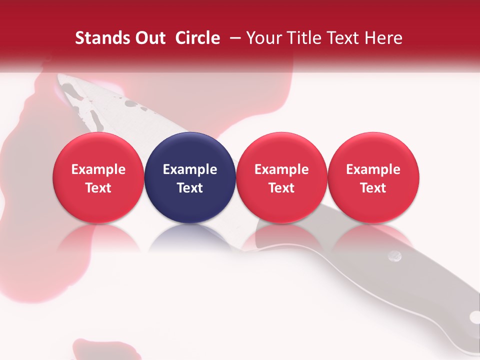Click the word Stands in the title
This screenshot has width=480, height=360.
(x=99, y=38)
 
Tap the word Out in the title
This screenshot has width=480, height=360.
(x=148, y=38)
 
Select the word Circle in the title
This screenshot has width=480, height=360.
(x=197, y=38)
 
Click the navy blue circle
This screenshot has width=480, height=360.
(x=190, y=177)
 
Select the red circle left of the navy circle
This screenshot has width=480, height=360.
(x=98, y=177)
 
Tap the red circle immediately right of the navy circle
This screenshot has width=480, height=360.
(x=281, y=177)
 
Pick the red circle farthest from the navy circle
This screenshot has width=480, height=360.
(x=373, y=177)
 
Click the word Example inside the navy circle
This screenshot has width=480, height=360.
(x=190, y=169)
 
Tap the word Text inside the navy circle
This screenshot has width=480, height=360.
(x=190, y=188)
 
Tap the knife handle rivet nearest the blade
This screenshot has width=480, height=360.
(x=395, y=256)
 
